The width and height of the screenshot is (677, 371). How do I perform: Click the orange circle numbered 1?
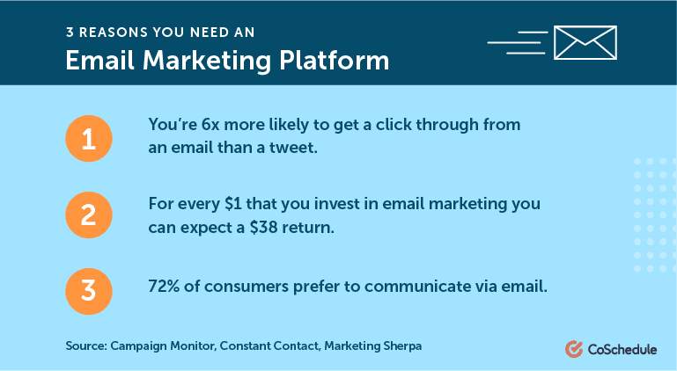point(89,139)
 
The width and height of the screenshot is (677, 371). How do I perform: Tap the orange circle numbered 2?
point(89,215)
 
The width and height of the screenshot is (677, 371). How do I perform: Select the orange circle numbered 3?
point(89,291)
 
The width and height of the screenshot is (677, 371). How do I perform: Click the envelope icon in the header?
point(585,42)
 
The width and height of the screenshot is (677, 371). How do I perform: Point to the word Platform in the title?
point(335,61)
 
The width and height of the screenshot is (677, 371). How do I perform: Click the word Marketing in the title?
point(207,61)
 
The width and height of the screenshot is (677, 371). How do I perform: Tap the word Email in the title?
point(100,61)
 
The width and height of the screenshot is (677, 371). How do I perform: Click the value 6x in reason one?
point(210,125)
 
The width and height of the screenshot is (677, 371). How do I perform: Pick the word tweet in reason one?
point(293,148)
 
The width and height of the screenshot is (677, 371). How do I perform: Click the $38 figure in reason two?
point(263,228)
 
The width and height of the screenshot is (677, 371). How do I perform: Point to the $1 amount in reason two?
point(233,204)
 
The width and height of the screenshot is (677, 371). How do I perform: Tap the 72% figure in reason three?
point(164,287)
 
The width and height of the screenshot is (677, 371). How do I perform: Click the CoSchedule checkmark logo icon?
point(574,349)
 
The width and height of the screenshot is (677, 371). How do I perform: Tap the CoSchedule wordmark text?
point(622,349)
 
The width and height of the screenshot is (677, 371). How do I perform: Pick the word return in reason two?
point(308,228)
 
